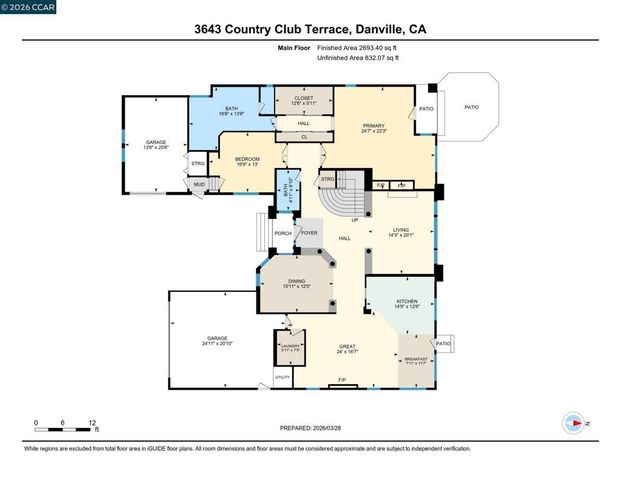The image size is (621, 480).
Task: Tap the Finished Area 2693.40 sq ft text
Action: [357, 48]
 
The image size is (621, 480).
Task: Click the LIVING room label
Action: [401, 232]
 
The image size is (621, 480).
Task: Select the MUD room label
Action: [199, 184]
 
